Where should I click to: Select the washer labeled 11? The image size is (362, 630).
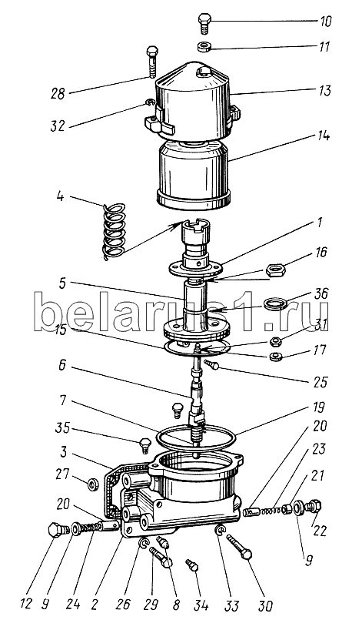(205, 46)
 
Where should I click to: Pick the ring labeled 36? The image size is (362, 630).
(274, 303)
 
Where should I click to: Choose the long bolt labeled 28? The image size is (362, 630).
(152, 62)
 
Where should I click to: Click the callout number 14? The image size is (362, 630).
(322, 136)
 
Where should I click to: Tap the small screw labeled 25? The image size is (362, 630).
(211, 364)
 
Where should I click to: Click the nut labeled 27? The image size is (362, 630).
(94, 485)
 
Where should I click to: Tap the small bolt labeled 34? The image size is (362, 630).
(191, 565)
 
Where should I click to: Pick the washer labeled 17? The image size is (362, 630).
(274, 356)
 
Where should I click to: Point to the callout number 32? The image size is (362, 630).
(58, 126)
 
